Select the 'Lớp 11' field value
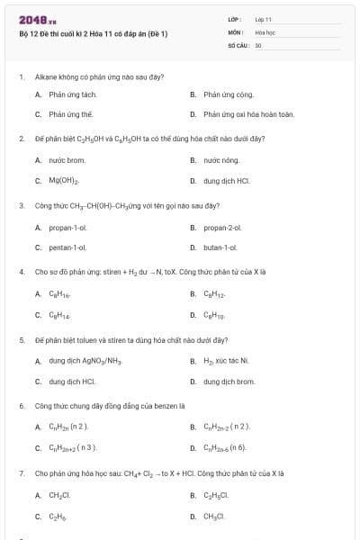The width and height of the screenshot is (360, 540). (263, 18)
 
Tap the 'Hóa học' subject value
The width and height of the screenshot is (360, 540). (265, 31)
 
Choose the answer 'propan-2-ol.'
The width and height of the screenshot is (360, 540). (224, 226)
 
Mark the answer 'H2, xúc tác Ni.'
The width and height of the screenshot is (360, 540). (225, 360)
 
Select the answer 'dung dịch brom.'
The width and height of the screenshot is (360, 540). (229, 381)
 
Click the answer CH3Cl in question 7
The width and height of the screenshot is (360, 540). (214, 516)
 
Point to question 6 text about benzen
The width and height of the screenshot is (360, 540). (109, 406)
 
